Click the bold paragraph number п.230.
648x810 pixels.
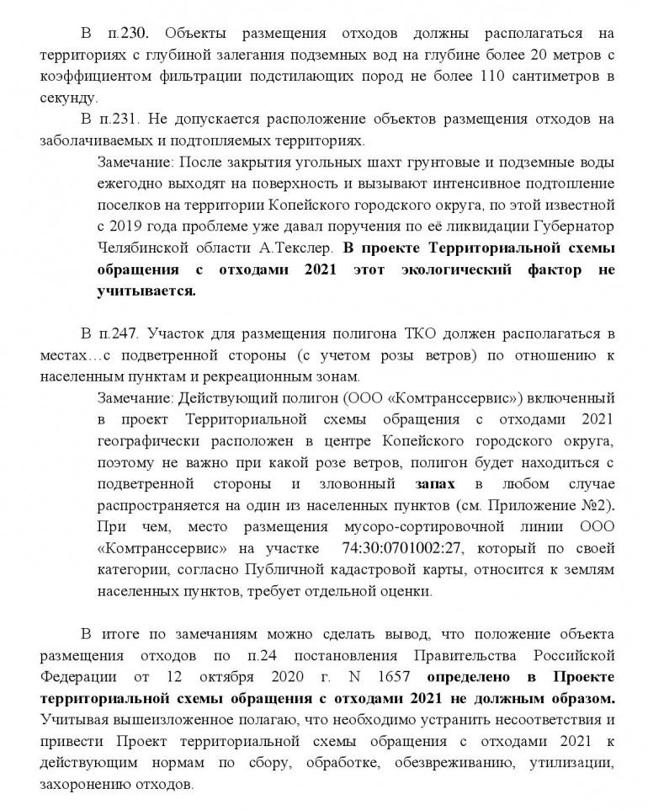coord(130,35)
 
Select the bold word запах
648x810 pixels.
coord(436,484)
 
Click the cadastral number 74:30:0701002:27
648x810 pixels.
coord(406,549)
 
